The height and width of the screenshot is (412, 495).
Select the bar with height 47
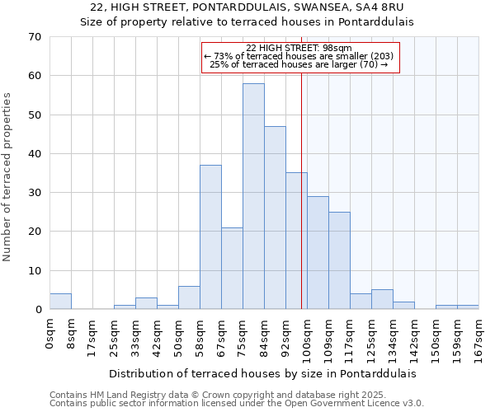tap(275, 218)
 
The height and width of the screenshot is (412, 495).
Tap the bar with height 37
tap(210, 237)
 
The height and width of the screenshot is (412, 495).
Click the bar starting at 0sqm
tap(60, 302)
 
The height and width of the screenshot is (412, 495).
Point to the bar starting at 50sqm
tap(189, 297)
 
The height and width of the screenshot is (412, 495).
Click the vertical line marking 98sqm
tap(301, 190)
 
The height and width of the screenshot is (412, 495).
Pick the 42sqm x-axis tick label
tap(157, 337)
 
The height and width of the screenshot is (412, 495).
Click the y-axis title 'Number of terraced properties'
tap(7, 177)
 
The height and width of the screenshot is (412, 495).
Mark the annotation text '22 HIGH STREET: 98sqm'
tap(299, 48)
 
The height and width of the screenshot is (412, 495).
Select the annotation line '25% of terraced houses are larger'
tap(299, 64)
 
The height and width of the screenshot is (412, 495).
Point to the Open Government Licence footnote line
tap(237, 404)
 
